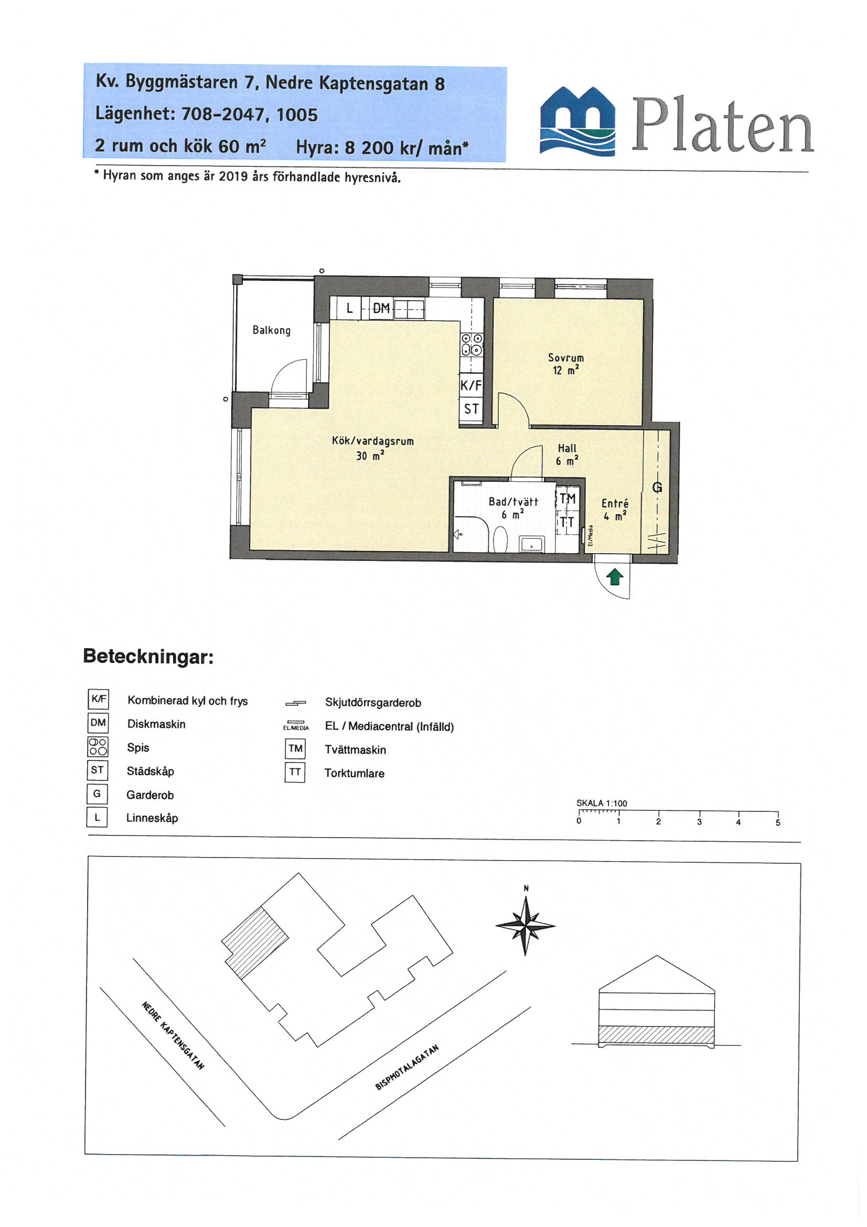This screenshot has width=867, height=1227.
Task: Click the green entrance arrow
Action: (x=615, y=577)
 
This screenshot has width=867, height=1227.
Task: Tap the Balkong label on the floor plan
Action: (x=271, y=330)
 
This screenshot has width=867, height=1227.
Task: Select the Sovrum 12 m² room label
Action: (x=566, y=364)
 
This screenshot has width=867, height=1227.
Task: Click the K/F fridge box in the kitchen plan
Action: (x=470, y=385)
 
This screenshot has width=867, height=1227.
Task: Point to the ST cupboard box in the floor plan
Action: (x=471, y=409)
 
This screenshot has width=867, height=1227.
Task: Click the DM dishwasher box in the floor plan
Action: (x=381, y=309)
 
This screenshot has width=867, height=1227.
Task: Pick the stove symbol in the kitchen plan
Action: (x=472, y=344)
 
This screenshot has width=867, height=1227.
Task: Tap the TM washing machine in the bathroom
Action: (x=568, y=498)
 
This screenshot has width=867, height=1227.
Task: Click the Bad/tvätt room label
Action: (x=513, y=507)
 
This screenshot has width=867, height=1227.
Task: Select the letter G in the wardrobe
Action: (x=657, y=488)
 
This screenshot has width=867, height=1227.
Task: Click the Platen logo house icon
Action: (x=577, y=121)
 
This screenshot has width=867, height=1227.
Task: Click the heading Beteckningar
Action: (x=148, y=656)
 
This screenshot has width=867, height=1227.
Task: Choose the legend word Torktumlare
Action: (x=354, y=773)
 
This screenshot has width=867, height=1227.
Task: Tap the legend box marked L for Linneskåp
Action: (x=97, y=818)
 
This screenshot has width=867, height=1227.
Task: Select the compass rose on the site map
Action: (x=526, y=926)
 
